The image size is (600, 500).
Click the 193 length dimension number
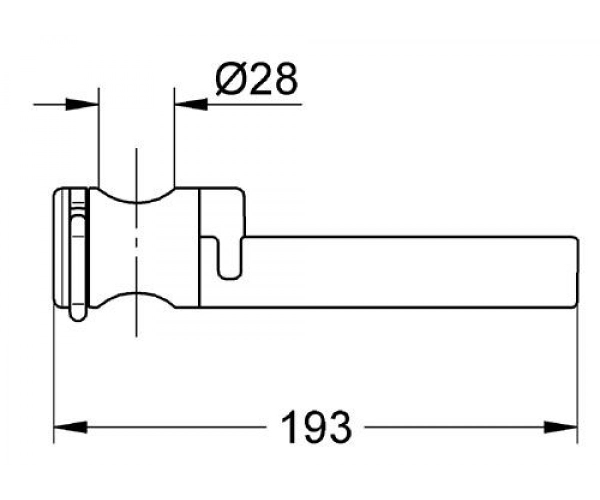(316, 426)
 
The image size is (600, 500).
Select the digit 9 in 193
(316, 426)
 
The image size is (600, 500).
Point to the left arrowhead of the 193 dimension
(70, 427)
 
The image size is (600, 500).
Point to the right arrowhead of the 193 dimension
(560, 427)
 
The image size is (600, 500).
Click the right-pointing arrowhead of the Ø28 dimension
(82, 104)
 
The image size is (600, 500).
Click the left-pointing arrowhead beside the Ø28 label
(191, 104)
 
